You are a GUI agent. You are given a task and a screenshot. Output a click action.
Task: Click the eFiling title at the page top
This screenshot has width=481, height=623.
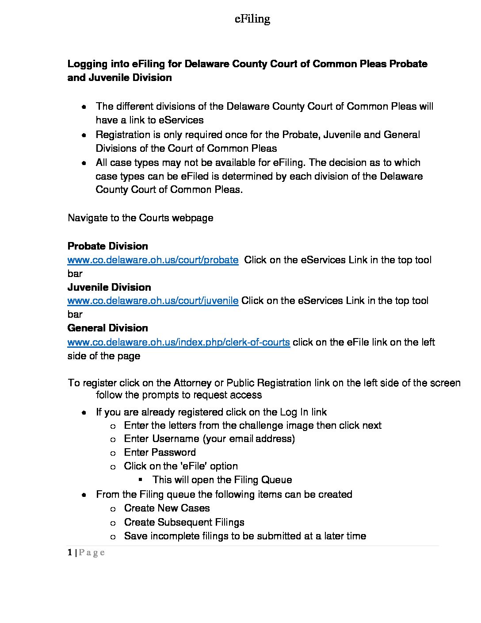tap(252, 19)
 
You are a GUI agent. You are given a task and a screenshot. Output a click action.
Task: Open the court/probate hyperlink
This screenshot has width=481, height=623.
tap(153, 260)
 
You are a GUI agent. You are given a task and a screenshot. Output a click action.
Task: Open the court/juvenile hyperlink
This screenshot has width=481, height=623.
tap(153, 301)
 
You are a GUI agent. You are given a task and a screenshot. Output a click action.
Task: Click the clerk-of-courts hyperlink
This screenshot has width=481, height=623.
tap(179, 342)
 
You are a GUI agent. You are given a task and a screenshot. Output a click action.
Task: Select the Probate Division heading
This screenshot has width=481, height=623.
tap(108, 246)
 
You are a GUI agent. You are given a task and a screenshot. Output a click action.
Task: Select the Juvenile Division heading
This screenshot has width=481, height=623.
tap(109, 287)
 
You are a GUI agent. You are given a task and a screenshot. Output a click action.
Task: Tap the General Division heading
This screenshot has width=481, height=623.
tap(108, 328)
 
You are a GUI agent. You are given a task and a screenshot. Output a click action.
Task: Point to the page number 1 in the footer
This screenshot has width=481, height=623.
tap(70, 552)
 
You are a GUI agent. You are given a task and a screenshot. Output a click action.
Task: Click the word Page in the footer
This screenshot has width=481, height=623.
tap(92, 553)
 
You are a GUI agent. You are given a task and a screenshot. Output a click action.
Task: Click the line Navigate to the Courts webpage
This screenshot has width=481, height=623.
tap(141, 218)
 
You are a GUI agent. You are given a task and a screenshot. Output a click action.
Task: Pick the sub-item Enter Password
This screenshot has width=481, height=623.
tap(160, 452)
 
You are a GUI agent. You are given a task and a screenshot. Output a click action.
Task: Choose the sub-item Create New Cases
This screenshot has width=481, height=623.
tap(167, 508)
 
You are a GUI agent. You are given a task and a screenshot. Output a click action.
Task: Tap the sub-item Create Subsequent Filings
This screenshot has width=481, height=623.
tap(184, 522)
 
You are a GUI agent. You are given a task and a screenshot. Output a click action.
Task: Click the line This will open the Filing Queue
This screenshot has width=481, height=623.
tap(222, 480)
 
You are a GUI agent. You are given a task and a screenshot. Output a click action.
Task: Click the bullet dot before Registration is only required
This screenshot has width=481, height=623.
tap(84, 135)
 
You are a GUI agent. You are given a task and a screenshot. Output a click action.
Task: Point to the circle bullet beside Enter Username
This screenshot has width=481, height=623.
tap(113, 439)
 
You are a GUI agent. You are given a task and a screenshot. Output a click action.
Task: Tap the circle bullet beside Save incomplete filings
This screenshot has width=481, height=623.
tap(113, 537)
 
